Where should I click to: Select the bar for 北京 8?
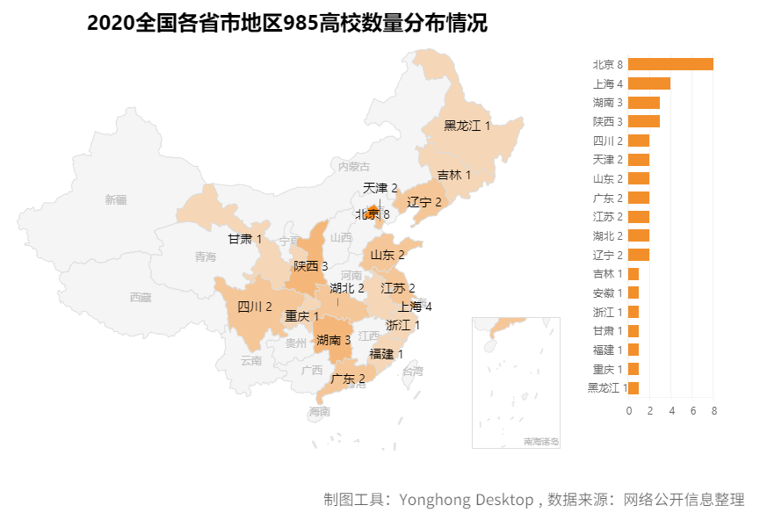click(x=670, y=64)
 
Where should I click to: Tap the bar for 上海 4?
click(x=649, y=83)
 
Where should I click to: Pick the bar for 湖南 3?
click(x=644, y=103)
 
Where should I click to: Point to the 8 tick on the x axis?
click(x=713, y=410)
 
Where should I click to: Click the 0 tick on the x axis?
click(x=629, y=410)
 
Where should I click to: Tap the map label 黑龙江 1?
click(x=467, y=126)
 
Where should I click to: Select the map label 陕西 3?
click(x=311, y=265)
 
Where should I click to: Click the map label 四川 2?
click(x=255, y=307)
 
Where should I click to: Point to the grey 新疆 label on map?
click(x=115, y=199)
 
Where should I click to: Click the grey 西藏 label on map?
click(x=140, y=297)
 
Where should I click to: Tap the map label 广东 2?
click(x=347, y=379)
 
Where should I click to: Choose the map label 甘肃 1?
click(x=245, y=239)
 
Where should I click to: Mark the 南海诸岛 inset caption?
click(x=540, y=441)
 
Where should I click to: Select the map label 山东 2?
click(x=387, y=256)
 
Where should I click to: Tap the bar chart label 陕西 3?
click(x=607, y=121)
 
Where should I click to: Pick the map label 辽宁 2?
click(x=424, y=202)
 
